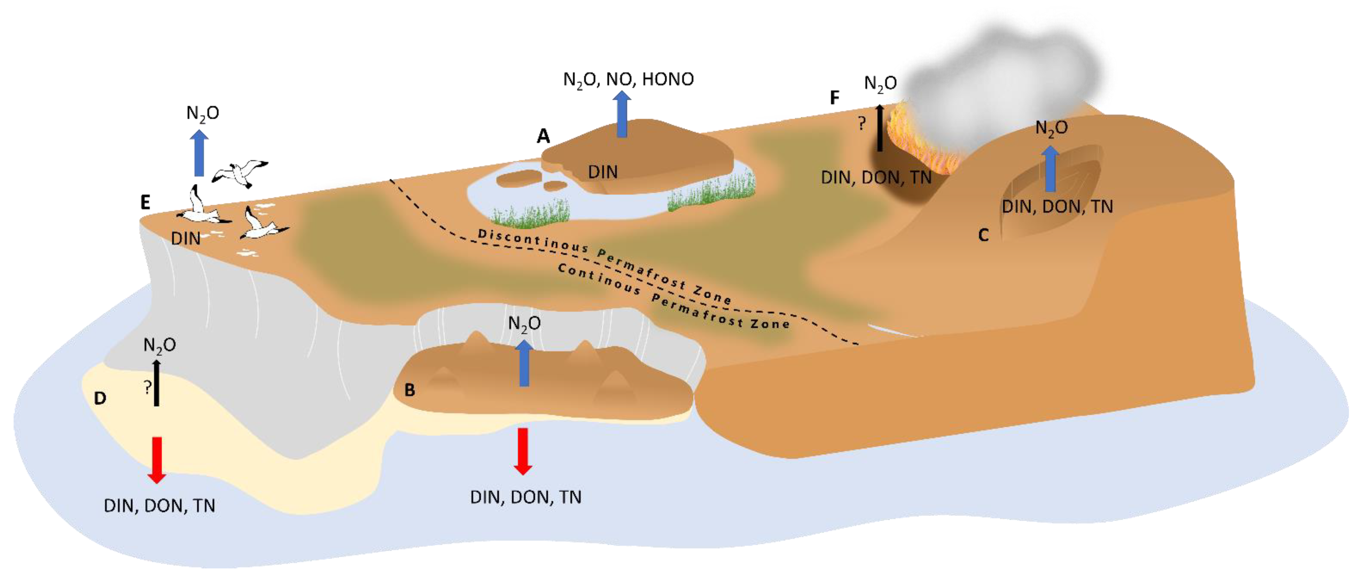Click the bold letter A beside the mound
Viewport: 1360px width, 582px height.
(x=543, y=136)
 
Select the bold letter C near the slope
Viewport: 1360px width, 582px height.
(x=983, y=235)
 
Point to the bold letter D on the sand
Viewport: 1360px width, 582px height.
(x=100, y=398)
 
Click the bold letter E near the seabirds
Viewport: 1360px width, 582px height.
(x=145, y=202)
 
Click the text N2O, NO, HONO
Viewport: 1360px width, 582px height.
(x=628, y=79)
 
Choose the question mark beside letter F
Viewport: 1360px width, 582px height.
(x=862, y=124)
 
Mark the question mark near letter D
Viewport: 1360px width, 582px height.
(x=147, y=387)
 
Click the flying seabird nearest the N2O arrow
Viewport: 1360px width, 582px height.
(x=240, y=172)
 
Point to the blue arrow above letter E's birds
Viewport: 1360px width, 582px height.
(x=199, y=153)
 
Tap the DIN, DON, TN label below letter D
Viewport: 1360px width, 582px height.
(x=159, y=506)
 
